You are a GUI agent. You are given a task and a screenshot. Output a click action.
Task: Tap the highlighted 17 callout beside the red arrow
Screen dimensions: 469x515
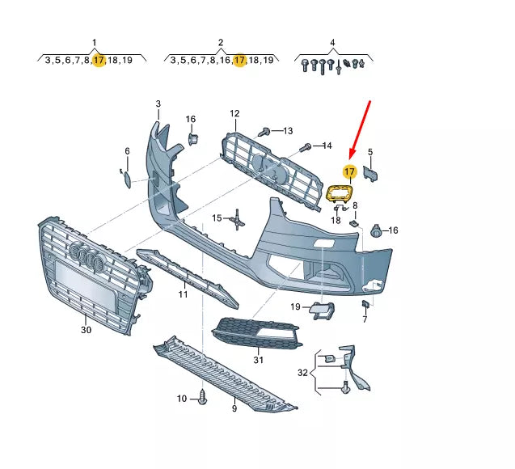tap(349, 171)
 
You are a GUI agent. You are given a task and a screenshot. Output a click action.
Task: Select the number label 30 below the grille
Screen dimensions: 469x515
tap(87, 329)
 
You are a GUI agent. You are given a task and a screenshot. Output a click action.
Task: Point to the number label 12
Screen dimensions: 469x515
tap(234, 114)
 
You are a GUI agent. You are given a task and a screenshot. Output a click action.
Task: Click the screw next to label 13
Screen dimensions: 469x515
tap(264, 130)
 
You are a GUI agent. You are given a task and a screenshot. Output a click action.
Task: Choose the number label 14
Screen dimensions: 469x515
tap(326, 146)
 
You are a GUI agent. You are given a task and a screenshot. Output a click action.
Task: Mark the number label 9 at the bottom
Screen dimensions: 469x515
tap(234, 409)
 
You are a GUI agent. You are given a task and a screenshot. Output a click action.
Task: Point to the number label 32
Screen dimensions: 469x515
tap(302, 373)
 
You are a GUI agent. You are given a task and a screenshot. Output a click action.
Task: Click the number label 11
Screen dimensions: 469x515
tap(183, 294)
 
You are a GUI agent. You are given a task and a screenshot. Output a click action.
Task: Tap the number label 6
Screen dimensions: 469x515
tap(127, 151)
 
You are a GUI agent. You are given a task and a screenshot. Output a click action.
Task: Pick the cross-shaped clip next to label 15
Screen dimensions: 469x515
tap(236, 218)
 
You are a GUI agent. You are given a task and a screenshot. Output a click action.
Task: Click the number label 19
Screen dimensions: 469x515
tap(296, 306)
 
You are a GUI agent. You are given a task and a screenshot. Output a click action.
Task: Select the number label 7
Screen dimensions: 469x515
tap(365, 320)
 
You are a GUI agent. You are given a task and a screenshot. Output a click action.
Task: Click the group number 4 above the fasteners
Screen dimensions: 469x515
tap(332, 42)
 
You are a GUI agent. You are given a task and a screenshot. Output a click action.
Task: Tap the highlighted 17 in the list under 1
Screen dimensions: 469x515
tap(99, 61)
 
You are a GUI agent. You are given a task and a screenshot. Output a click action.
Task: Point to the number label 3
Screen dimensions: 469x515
tap(158, 104)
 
